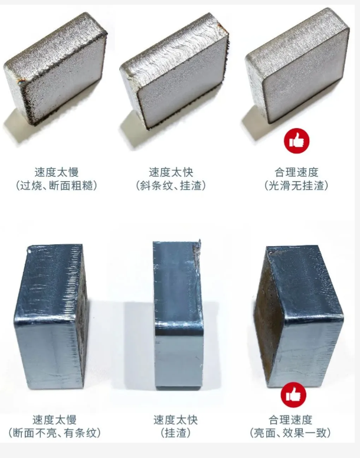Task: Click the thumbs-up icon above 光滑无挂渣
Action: pos(297,141)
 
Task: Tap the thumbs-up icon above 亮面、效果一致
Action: pos(293,395)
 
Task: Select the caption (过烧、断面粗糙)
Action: pos(56,185)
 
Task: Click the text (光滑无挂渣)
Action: pos(296,185)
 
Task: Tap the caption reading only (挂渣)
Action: pos(175,433)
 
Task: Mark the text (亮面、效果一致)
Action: pos(296,433)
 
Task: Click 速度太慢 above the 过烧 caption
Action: pos(56,172)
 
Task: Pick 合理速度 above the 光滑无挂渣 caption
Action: pos(296,172)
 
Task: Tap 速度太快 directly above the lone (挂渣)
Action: pos(175,420)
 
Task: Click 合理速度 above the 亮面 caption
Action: pos(296,420)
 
